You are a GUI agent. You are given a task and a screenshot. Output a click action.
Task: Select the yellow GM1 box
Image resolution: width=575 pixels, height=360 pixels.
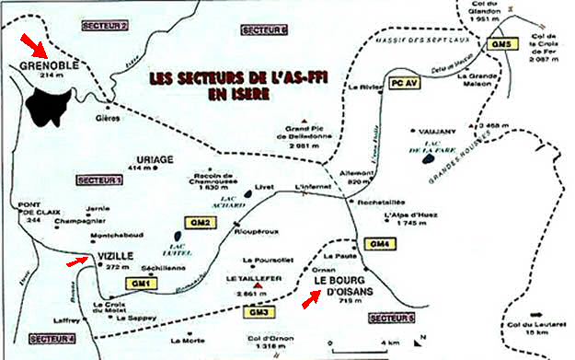tap(142, 283)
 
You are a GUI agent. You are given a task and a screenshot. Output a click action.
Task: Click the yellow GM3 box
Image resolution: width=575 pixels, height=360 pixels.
tap(260, 312)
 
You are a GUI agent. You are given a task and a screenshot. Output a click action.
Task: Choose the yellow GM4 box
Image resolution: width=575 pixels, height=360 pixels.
tap(377, 243)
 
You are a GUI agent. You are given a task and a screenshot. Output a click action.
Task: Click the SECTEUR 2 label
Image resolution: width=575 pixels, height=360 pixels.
tap(104, 28)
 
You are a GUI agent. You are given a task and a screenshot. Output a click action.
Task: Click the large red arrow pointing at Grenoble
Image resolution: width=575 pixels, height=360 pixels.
tap(33, 42)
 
